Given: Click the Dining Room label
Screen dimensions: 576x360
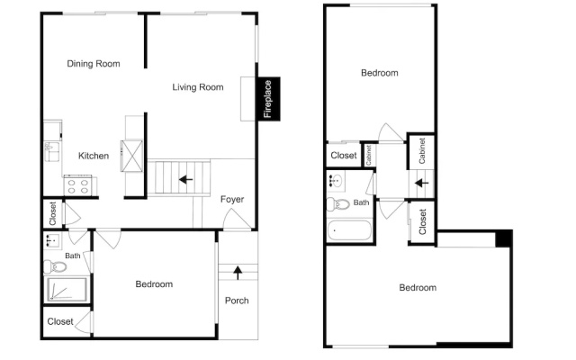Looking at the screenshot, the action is point(94,64).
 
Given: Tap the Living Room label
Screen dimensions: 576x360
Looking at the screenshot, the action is point(198,87).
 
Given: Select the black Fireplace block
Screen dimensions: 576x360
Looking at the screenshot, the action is point(269,99).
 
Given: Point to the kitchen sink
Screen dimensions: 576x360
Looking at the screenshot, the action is point(52,151).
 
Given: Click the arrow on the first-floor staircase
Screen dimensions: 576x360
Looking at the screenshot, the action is point(186,180).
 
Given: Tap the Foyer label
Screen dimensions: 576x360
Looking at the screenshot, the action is point(232,199).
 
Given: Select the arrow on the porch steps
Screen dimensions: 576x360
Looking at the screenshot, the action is point(238,273).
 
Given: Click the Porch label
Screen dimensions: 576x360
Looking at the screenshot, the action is point(237,301).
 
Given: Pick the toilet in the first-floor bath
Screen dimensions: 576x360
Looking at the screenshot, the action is point(55,266).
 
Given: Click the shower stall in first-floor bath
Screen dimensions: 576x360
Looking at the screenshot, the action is point(66,290).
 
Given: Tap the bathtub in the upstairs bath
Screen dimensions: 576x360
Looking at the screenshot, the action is point(349,230).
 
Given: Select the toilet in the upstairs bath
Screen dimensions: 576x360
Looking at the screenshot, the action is point(338,204).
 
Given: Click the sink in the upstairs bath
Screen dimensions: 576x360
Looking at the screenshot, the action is point(337,181).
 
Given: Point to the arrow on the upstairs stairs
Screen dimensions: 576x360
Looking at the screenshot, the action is point(422,183).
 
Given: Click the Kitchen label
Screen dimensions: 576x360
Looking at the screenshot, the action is point(94,156).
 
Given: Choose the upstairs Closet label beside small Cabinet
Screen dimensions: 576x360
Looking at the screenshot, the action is point(344,156).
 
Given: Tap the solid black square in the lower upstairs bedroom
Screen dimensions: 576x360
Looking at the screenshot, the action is point(503,238).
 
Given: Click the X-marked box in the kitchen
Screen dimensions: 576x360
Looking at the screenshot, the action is point(132,156).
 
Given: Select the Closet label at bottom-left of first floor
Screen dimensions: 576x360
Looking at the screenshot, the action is point(60,322).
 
